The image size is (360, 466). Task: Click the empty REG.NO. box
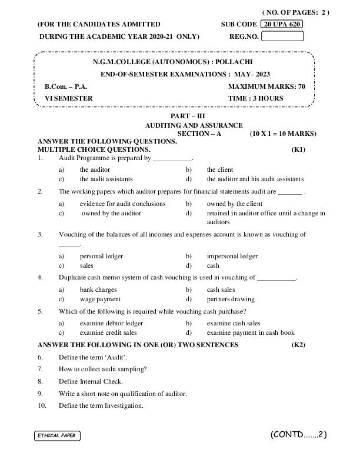pos(282,36)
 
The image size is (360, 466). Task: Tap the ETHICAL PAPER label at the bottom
pos(56,435)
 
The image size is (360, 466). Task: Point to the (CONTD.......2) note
pos(298,435)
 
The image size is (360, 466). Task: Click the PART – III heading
pos(194,116)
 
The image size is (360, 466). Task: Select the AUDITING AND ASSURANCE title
pos(194,125)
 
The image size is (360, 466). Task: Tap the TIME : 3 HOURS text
pos(255,98)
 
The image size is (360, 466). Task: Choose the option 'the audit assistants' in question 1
pos(106,179)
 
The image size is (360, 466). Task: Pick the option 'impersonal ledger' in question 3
pos(232,256)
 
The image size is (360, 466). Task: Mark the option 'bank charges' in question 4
pos(98,289)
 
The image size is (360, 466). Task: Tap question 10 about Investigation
pos(101,405)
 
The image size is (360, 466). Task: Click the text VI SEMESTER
pos(69,98)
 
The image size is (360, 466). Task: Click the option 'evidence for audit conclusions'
pos(122,204)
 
